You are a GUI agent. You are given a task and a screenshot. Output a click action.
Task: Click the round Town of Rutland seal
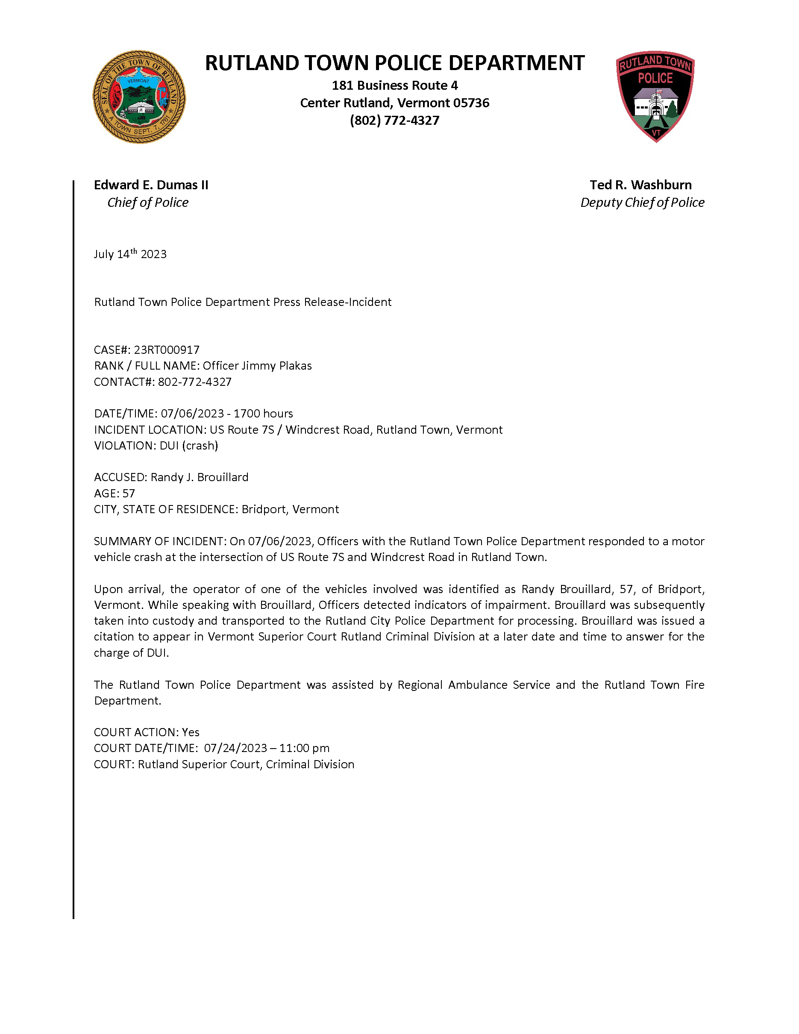click(x=139, y=97)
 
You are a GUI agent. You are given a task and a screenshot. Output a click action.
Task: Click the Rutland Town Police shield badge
click(x=655, y=96)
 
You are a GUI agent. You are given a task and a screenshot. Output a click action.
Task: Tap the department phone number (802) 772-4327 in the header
click(x=394, y=121)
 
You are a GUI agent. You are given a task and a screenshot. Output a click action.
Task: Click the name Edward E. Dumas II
click(x=151, y=185)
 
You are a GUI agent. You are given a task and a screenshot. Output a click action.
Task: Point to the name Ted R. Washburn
click(x=640, y=185)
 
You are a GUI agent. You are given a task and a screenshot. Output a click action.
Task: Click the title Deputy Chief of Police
click(x=642, y=203)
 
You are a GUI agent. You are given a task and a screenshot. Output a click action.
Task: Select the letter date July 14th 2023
click(x=130, y=254)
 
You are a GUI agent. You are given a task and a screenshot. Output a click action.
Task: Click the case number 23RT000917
click(x=167, y=350)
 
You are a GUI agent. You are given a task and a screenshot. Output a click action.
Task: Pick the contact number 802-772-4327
click(x=194, y=382)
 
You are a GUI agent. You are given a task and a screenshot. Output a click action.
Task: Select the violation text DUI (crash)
click(x=189, y=446)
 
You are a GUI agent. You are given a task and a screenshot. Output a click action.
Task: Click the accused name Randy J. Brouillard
click(x=199, y=477)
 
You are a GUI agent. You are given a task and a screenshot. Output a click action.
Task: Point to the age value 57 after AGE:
click(x=129, y=493)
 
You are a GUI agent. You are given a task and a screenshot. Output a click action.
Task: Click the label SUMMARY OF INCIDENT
click(x=160, y=541)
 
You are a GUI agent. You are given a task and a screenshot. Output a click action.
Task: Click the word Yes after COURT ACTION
click(x=191, y=732)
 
